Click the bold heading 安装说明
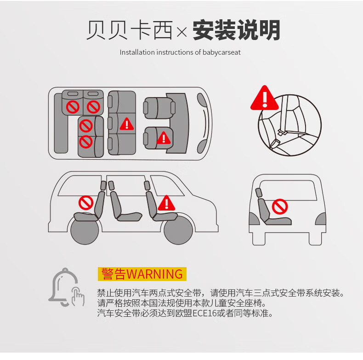[x=236, y=30]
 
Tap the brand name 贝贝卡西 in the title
[x=130, y=30]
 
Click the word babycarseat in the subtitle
[x=221, y=52]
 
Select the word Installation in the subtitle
[x=137, y=52]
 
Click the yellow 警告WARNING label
[x=142, y=274]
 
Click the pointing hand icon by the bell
[x=78, y=296]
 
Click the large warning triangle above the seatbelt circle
[x=264, y=98]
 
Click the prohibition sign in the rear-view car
[x=280, y=206]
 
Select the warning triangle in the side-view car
[x=166, y=203]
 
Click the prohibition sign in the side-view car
[x=86, y=203]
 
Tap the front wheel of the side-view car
[x=178, y=230]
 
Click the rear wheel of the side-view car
[x=85, y=230]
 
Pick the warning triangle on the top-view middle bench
[x=127, y=124]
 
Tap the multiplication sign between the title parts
[x=182, y=32]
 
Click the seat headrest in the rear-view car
[x=258, y=192]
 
